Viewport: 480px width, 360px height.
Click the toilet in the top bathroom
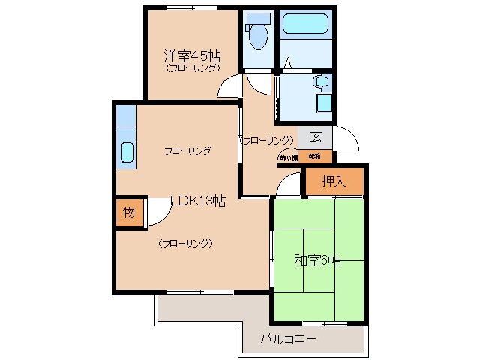(x=256, y=32)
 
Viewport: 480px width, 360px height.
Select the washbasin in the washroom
(x=322, y=82)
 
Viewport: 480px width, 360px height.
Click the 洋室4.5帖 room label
(x=192, y=55)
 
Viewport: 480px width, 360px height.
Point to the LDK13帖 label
(x=198, y=200)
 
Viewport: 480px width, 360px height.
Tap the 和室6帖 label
(x=317, y=260)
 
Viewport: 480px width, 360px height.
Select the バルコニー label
(x=288, y=338)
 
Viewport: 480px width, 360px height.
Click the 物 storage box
(x=128, y=212)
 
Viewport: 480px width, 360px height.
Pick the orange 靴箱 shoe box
(x=314, y=157)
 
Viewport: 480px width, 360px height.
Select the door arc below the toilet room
(x=257, y=81)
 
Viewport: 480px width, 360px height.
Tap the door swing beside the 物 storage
(x=158, y=212)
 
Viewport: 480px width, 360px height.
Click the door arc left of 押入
(x=289, y=185)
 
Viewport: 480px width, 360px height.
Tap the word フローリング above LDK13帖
(x=187, y=151)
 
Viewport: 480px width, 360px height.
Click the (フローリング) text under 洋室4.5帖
(x=192, y=68)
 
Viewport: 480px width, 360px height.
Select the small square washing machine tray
(x=325, y=102)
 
